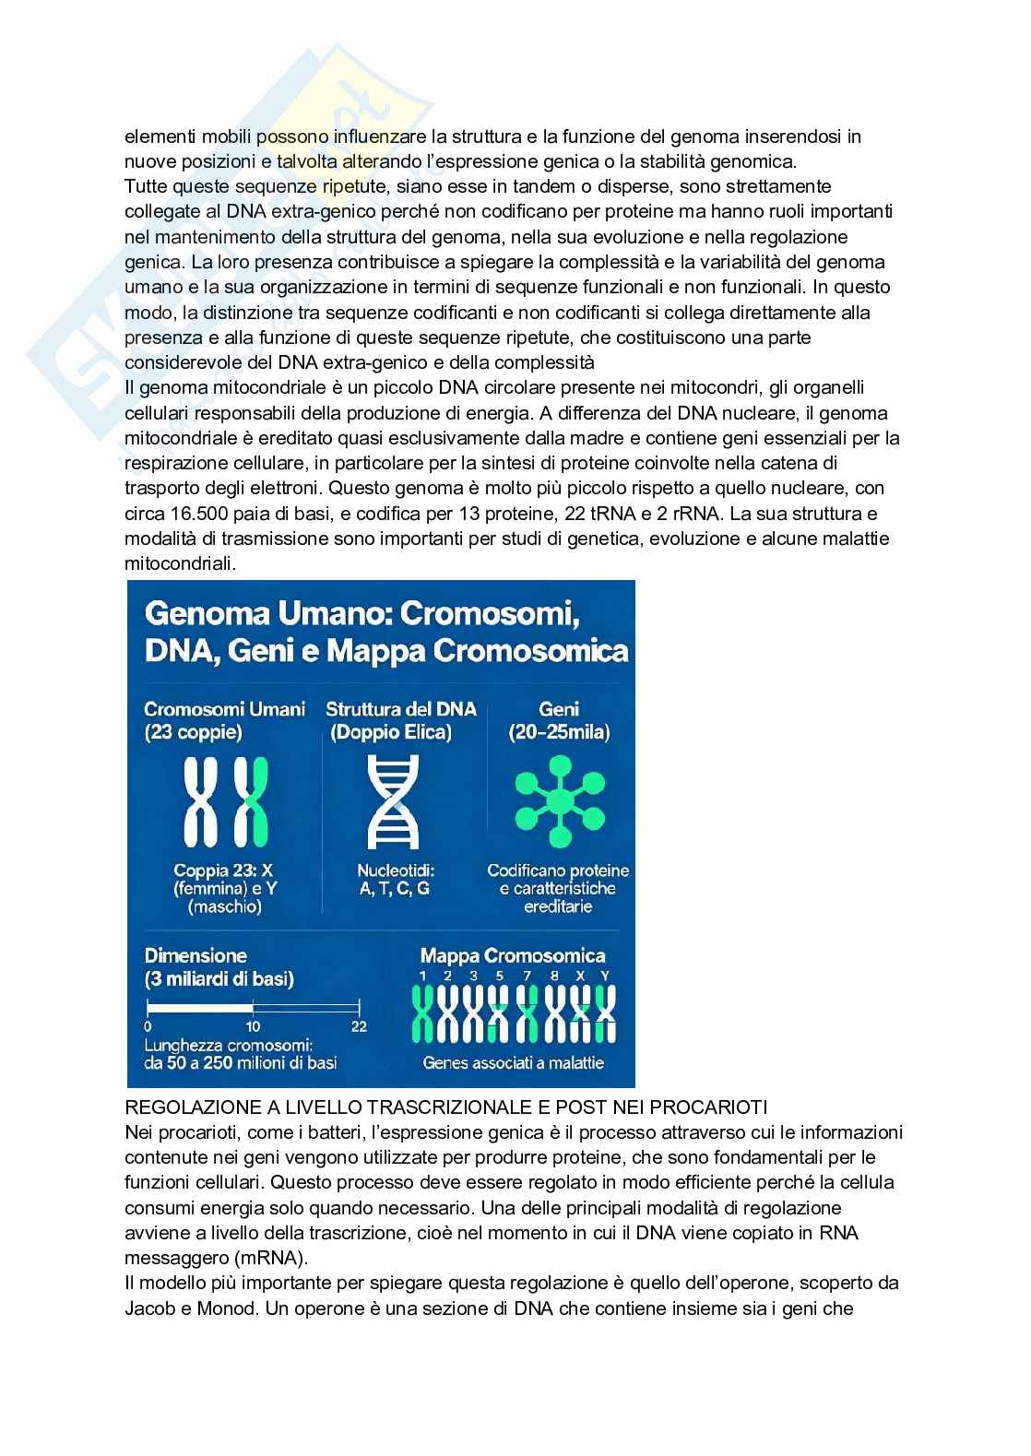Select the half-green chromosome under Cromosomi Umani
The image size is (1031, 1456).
[250, 802]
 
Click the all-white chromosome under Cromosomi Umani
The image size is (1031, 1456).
[201, 802]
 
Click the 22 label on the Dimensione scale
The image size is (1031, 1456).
[360, 1026]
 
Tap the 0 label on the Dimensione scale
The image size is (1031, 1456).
[149, 1026]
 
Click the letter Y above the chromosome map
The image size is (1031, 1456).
[605, 976]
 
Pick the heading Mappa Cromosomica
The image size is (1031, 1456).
[513, 956]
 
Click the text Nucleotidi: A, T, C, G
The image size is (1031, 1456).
[396, 879]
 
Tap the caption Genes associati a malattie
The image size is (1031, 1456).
[513, 1062]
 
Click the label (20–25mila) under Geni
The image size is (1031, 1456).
[558, 733]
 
